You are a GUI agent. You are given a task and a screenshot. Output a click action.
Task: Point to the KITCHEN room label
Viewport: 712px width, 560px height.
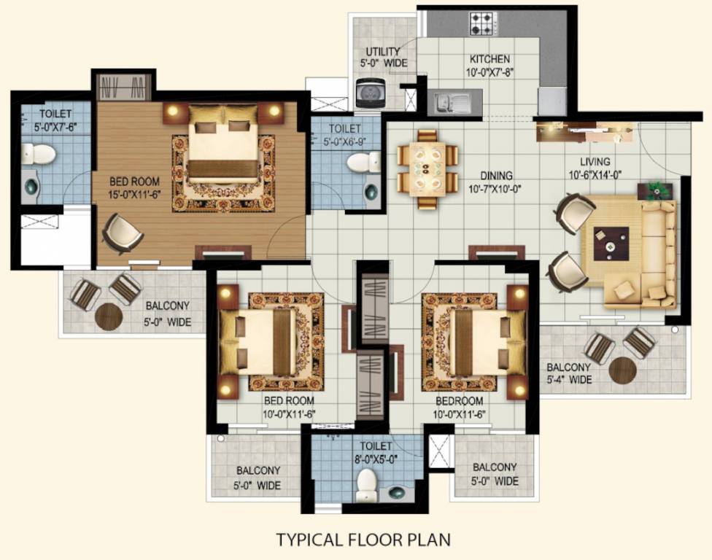tap(489, 59)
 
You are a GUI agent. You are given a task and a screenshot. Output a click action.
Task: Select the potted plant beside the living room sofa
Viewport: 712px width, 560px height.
tap(657, 190)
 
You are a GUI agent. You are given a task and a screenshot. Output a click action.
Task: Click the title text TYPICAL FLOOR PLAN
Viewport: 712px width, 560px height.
tap(363, 540)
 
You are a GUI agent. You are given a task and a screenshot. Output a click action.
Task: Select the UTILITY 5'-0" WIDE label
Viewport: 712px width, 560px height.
tap(382, 57)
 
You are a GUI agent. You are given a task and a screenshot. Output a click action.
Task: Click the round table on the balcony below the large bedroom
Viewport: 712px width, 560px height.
tap(109, 316)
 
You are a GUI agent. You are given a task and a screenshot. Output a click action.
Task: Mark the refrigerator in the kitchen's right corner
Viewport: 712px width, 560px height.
tap(552, 101)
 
